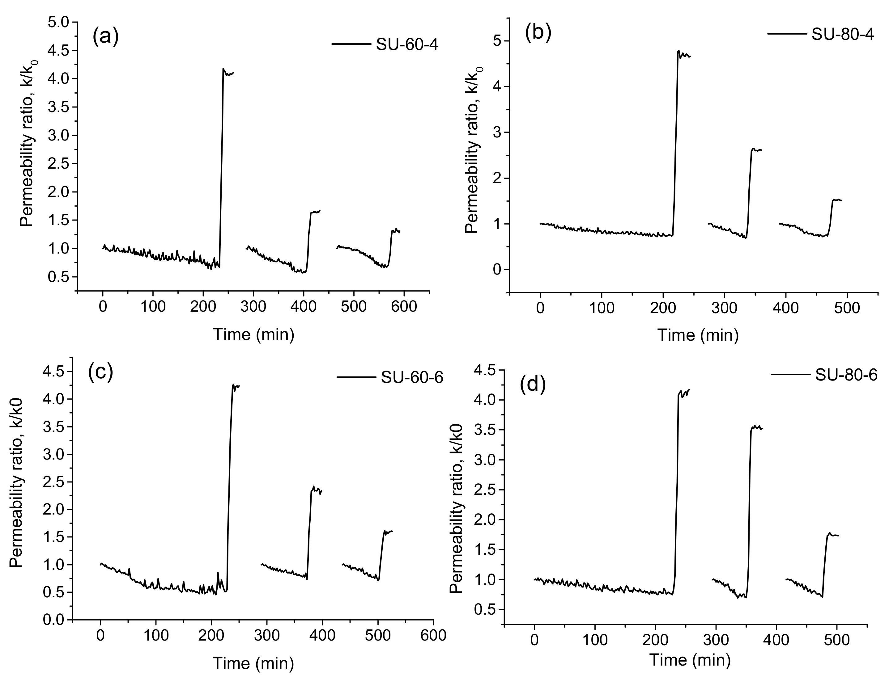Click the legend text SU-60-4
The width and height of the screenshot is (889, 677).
click(x=407, y=45)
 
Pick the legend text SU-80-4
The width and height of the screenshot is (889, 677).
click(x=842, y=35)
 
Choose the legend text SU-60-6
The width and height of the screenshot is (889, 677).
click(x=412, y=378)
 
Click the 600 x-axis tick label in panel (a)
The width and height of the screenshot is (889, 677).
click(x=404, y=307)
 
